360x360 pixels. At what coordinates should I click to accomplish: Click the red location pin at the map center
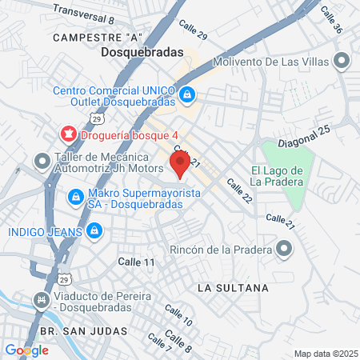pos(180,165)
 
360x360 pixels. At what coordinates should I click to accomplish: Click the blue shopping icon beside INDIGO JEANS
pos(94,231)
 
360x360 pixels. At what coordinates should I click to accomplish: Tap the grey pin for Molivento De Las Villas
pos(342,62)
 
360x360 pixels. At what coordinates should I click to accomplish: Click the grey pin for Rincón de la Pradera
pos(284,250)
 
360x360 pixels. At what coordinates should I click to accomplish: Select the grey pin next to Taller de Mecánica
pos(42,162)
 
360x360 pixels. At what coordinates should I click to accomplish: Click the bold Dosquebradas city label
pos(142,53)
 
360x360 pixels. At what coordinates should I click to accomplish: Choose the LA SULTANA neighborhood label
pos(233,286)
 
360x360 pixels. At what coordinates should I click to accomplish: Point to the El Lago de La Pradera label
pos(276,176)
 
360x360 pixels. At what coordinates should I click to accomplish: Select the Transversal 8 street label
pos(84,12)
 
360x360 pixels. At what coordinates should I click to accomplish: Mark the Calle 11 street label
pos(136,262)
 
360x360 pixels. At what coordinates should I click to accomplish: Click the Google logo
pos(26,350)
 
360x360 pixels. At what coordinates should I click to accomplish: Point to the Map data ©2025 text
pos(325,354)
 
